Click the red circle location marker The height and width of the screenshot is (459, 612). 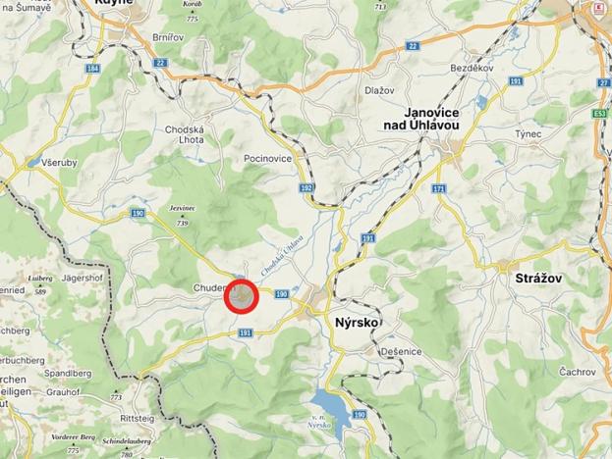241,296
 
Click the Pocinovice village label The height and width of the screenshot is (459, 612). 267,157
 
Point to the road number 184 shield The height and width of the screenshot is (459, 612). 93,69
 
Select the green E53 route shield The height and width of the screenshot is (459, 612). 599,115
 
